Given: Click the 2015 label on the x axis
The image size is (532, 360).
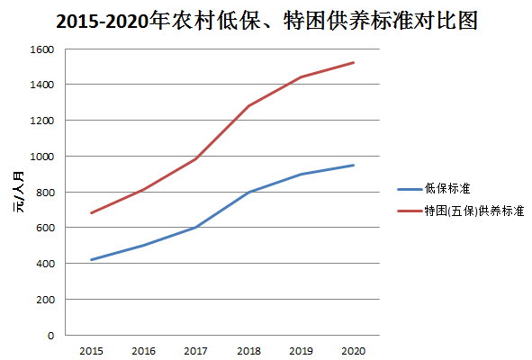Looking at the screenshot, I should tap(91, 350).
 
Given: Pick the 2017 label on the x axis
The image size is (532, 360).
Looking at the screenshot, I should tap(196, 350).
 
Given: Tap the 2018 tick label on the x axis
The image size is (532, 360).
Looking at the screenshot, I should tap(248, 350).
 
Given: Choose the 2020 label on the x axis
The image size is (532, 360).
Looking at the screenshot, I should tap(354, 350).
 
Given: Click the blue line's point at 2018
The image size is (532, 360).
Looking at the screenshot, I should tap(248, 193).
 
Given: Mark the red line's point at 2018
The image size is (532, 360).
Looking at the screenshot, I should tap(248, 106).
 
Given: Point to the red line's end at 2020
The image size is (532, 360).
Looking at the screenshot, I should tap(354, 62).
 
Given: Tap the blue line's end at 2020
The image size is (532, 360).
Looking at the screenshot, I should tap(354, 165).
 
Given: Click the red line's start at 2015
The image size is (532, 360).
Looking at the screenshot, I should tap(91, 213).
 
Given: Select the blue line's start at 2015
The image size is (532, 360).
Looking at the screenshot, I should tap(91, 260).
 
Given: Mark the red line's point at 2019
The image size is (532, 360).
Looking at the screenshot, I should tap(301, 77).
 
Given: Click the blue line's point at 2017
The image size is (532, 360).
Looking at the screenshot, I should tap(196, 228).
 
